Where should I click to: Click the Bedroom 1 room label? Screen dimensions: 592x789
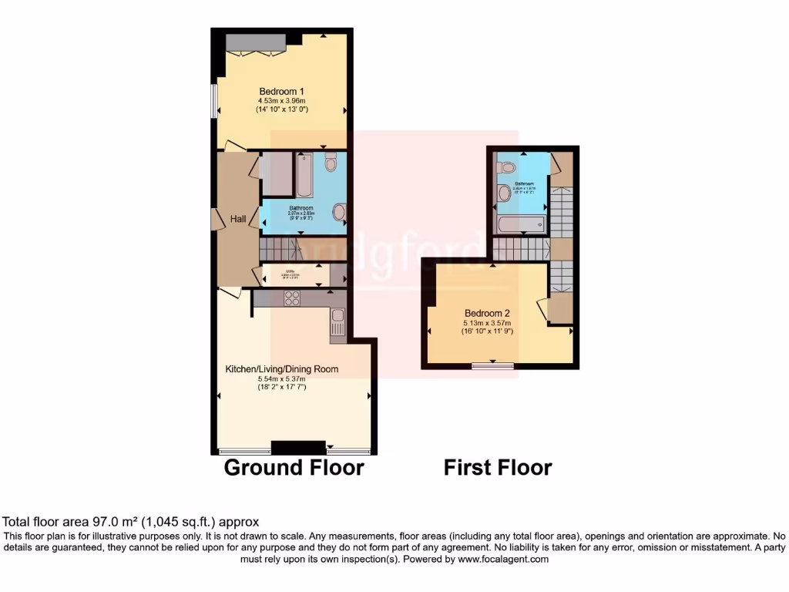(x=281, y=92)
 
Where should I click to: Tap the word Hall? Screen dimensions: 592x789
(x=238, y=220)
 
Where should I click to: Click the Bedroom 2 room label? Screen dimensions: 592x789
(x=487, y=313)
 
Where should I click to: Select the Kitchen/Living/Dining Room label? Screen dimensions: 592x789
(x=281, y=369)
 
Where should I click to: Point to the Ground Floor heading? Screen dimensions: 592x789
(x=294, y=467)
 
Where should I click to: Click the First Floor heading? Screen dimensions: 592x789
(x=497, y=467)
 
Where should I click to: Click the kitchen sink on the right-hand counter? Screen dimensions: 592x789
(x=337, y=317)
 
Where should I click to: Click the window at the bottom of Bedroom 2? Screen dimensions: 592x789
(x=493, y=365)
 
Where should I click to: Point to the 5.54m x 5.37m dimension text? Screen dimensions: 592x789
(x=281, y=378)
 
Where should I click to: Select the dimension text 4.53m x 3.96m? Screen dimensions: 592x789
(x=281, y=101)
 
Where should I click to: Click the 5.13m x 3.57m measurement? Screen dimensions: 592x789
(x=488, y=322)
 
